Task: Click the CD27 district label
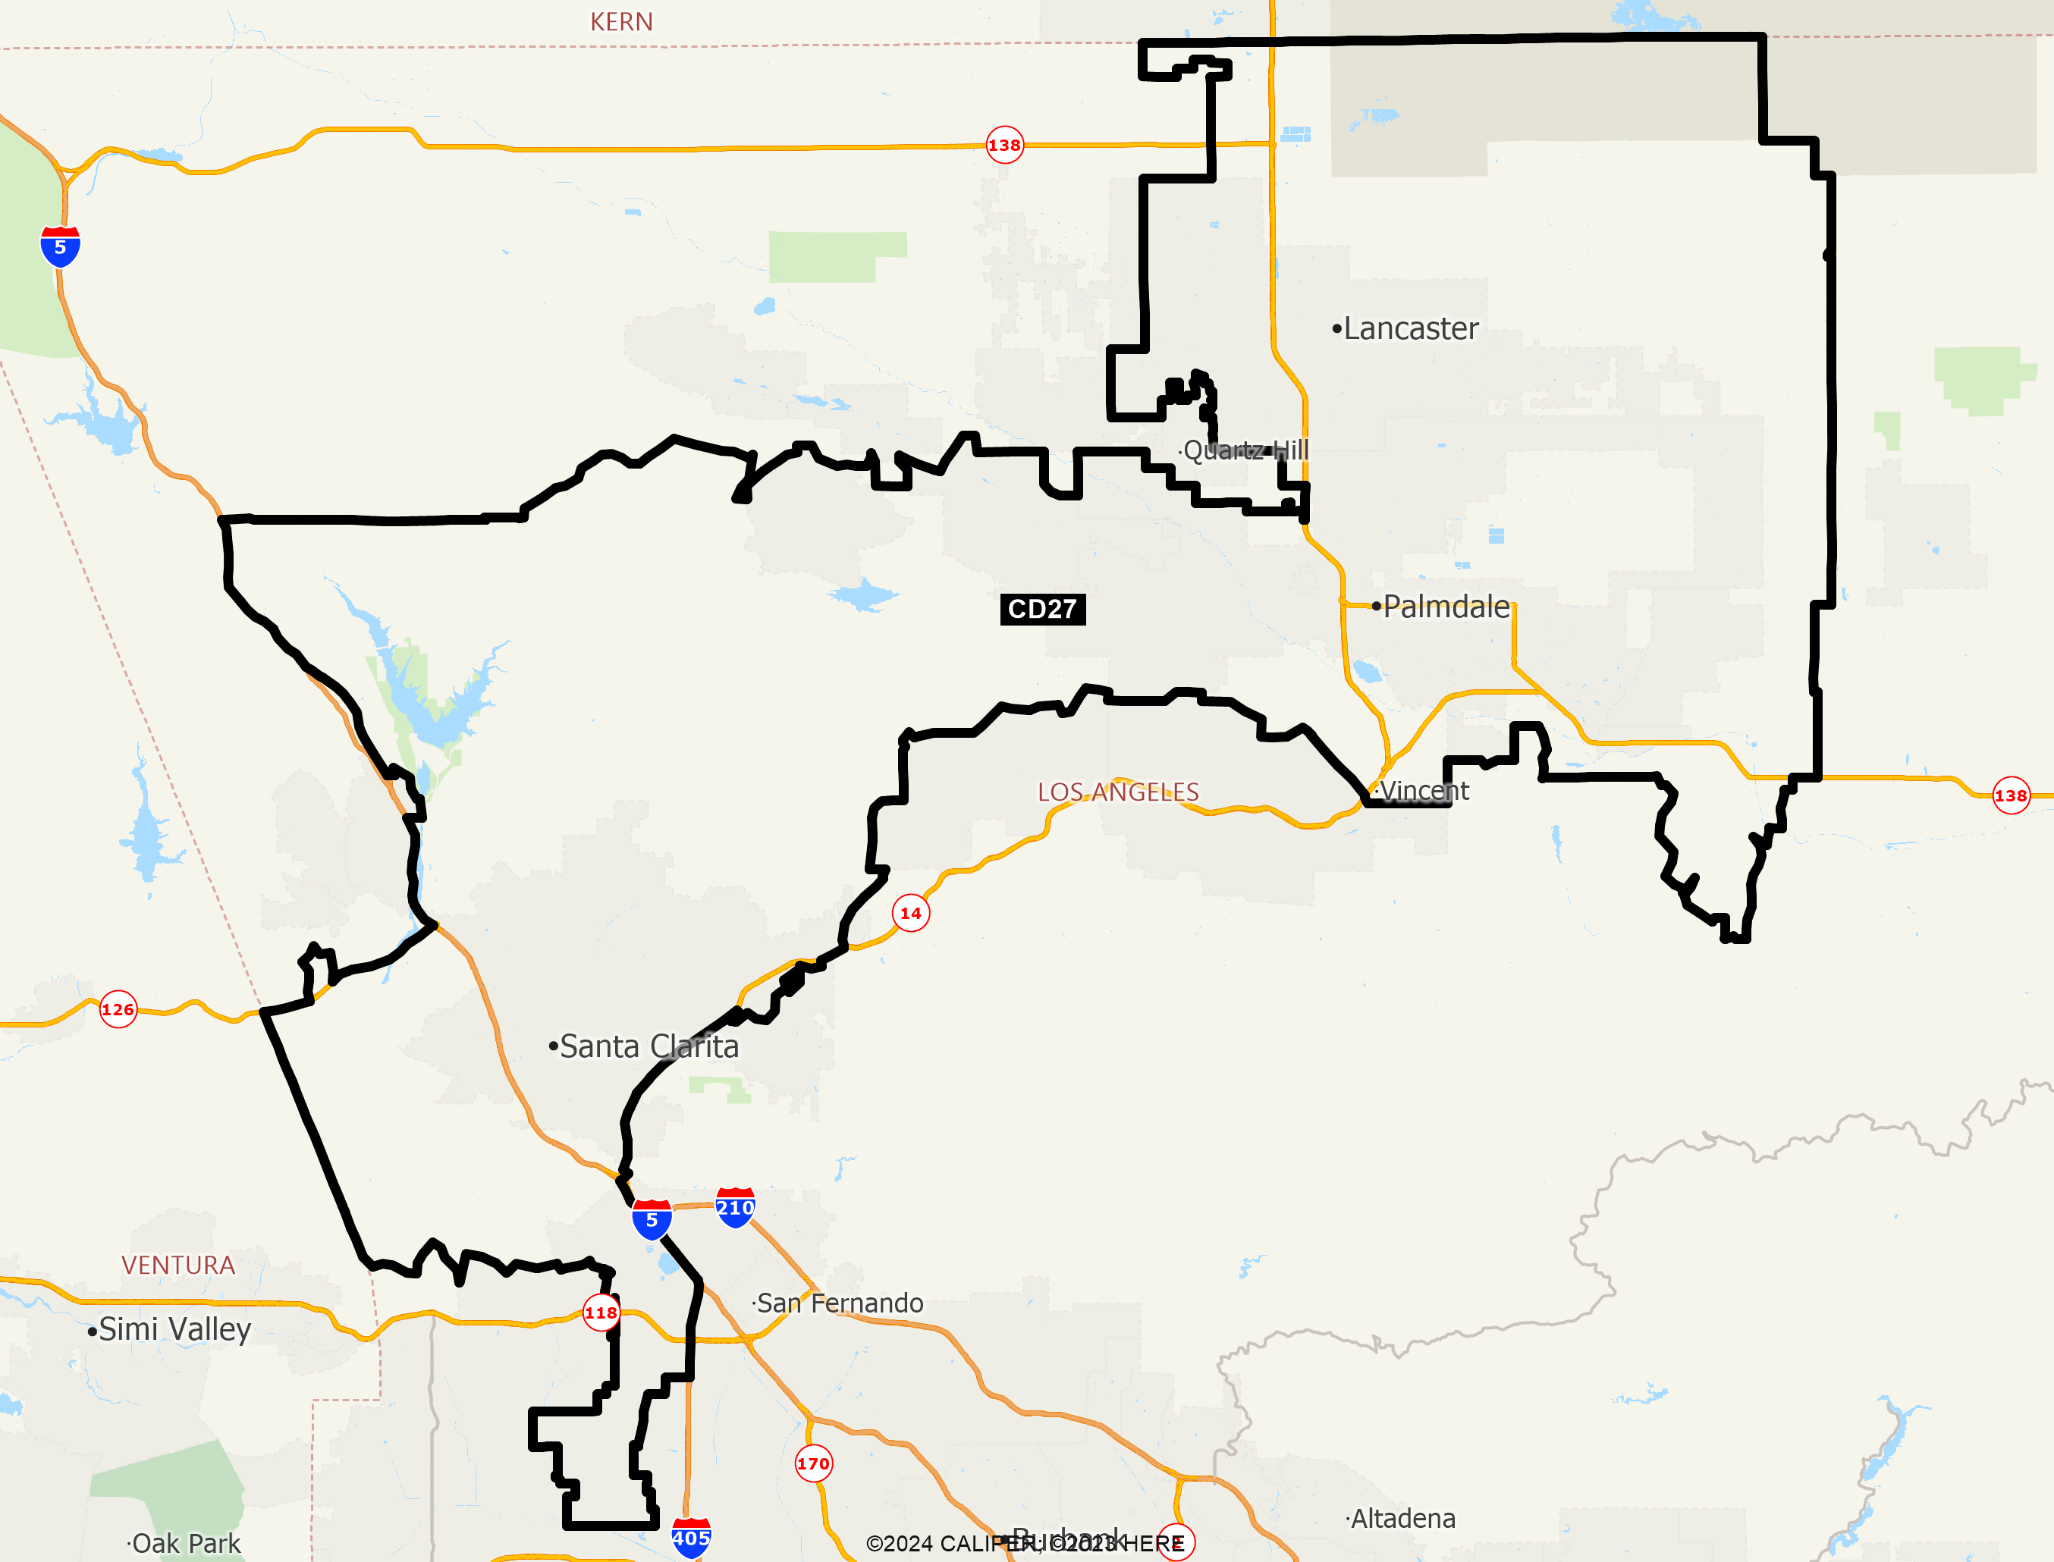(x=1042, y=609)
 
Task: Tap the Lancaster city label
(x=1409, y=328)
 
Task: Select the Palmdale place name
(x=1446, y=606)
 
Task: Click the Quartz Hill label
(x=1245, y=450)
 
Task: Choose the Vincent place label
(x=1424, y=790)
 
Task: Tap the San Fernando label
(x=840, y=1303)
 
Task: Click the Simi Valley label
(x=174, y=1328)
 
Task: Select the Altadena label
(x=1402, y=1518)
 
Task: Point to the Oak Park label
(x=185, y=1543)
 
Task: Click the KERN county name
(x=621, y=21)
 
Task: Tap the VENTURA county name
(x=177, y=1265)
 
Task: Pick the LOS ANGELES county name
(x=1118, y=791)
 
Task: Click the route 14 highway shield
(x=910, y=913)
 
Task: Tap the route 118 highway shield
(x=601, y=1313)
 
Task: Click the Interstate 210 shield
(x=734, y=1208)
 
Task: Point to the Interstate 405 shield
(x=691, y=1538)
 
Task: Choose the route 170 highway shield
(x=814, y=1463)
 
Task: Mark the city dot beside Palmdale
(x=1376, y=606)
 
